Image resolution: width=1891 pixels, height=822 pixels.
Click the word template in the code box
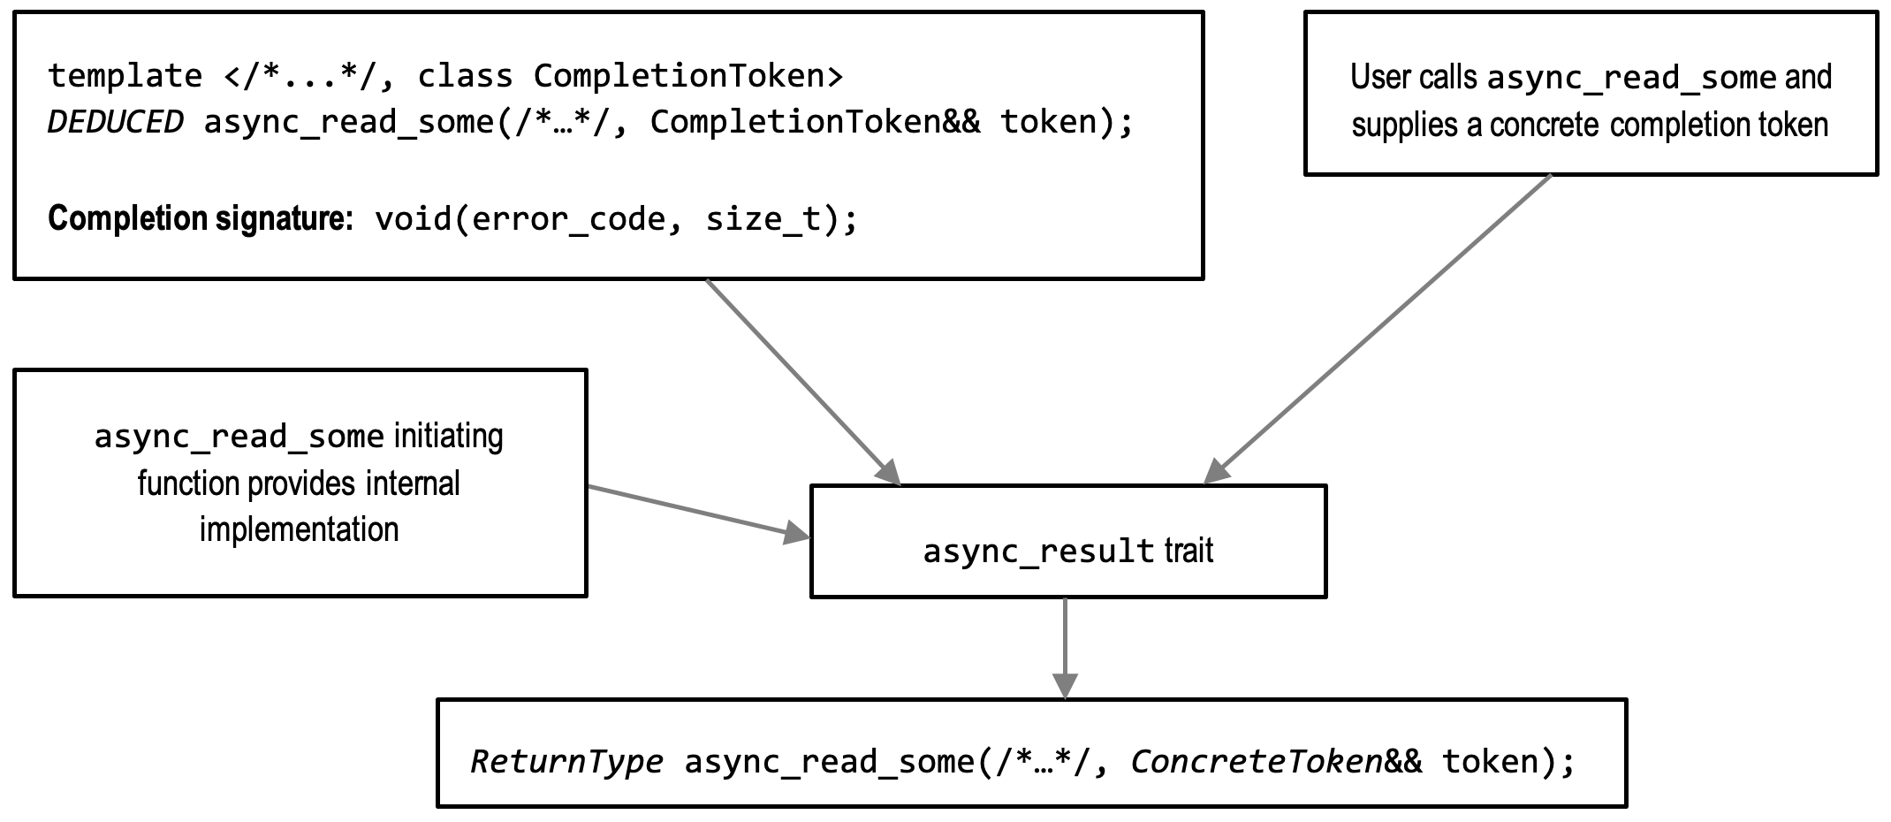125,77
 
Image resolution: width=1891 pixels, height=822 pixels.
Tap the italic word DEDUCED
115,123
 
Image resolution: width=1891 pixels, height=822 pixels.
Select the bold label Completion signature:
200,218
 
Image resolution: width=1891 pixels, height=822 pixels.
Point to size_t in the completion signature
763,218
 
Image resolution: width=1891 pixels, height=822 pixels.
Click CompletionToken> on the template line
688,77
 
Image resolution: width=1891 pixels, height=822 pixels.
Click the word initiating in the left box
448,437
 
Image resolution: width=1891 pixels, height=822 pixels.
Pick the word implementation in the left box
299,529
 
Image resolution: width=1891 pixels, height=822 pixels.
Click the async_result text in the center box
1038,552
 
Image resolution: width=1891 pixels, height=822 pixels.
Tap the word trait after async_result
1189,551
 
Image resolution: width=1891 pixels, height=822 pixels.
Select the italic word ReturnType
566,762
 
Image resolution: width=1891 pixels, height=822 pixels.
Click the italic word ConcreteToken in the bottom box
1256,762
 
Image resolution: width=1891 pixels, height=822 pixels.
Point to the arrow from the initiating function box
698,512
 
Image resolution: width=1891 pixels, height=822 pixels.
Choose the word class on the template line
465,77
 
